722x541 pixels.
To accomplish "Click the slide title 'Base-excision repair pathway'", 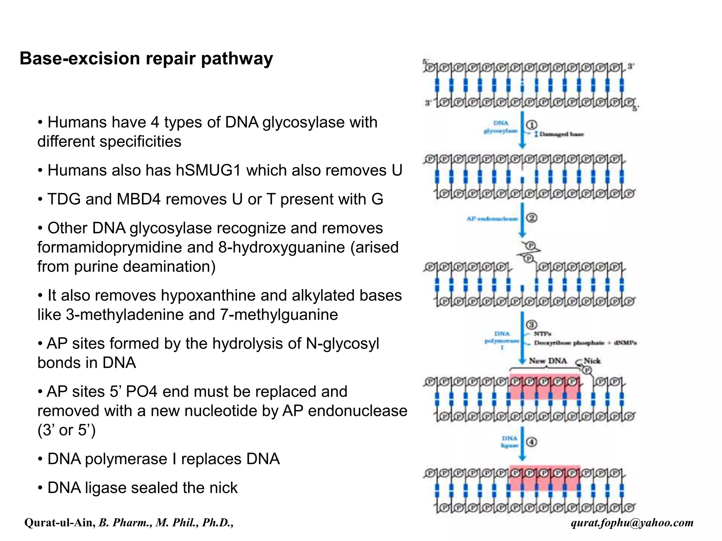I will click(146, 58).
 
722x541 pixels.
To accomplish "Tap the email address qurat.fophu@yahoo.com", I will click(632, 522).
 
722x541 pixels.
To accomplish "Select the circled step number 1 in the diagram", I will click(532, 125).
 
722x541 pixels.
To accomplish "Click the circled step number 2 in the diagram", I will click(532, 218).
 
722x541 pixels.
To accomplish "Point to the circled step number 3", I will click(532, 325).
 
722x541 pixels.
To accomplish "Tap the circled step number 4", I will click(532, 442).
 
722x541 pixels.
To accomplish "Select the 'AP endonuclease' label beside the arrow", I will click(492, 219).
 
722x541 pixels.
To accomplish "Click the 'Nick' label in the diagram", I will click(592, 361).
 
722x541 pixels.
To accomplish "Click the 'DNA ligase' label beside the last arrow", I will click(510, 442).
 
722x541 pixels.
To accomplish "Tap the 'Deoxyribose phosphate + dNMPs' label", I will click(585, 343).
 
